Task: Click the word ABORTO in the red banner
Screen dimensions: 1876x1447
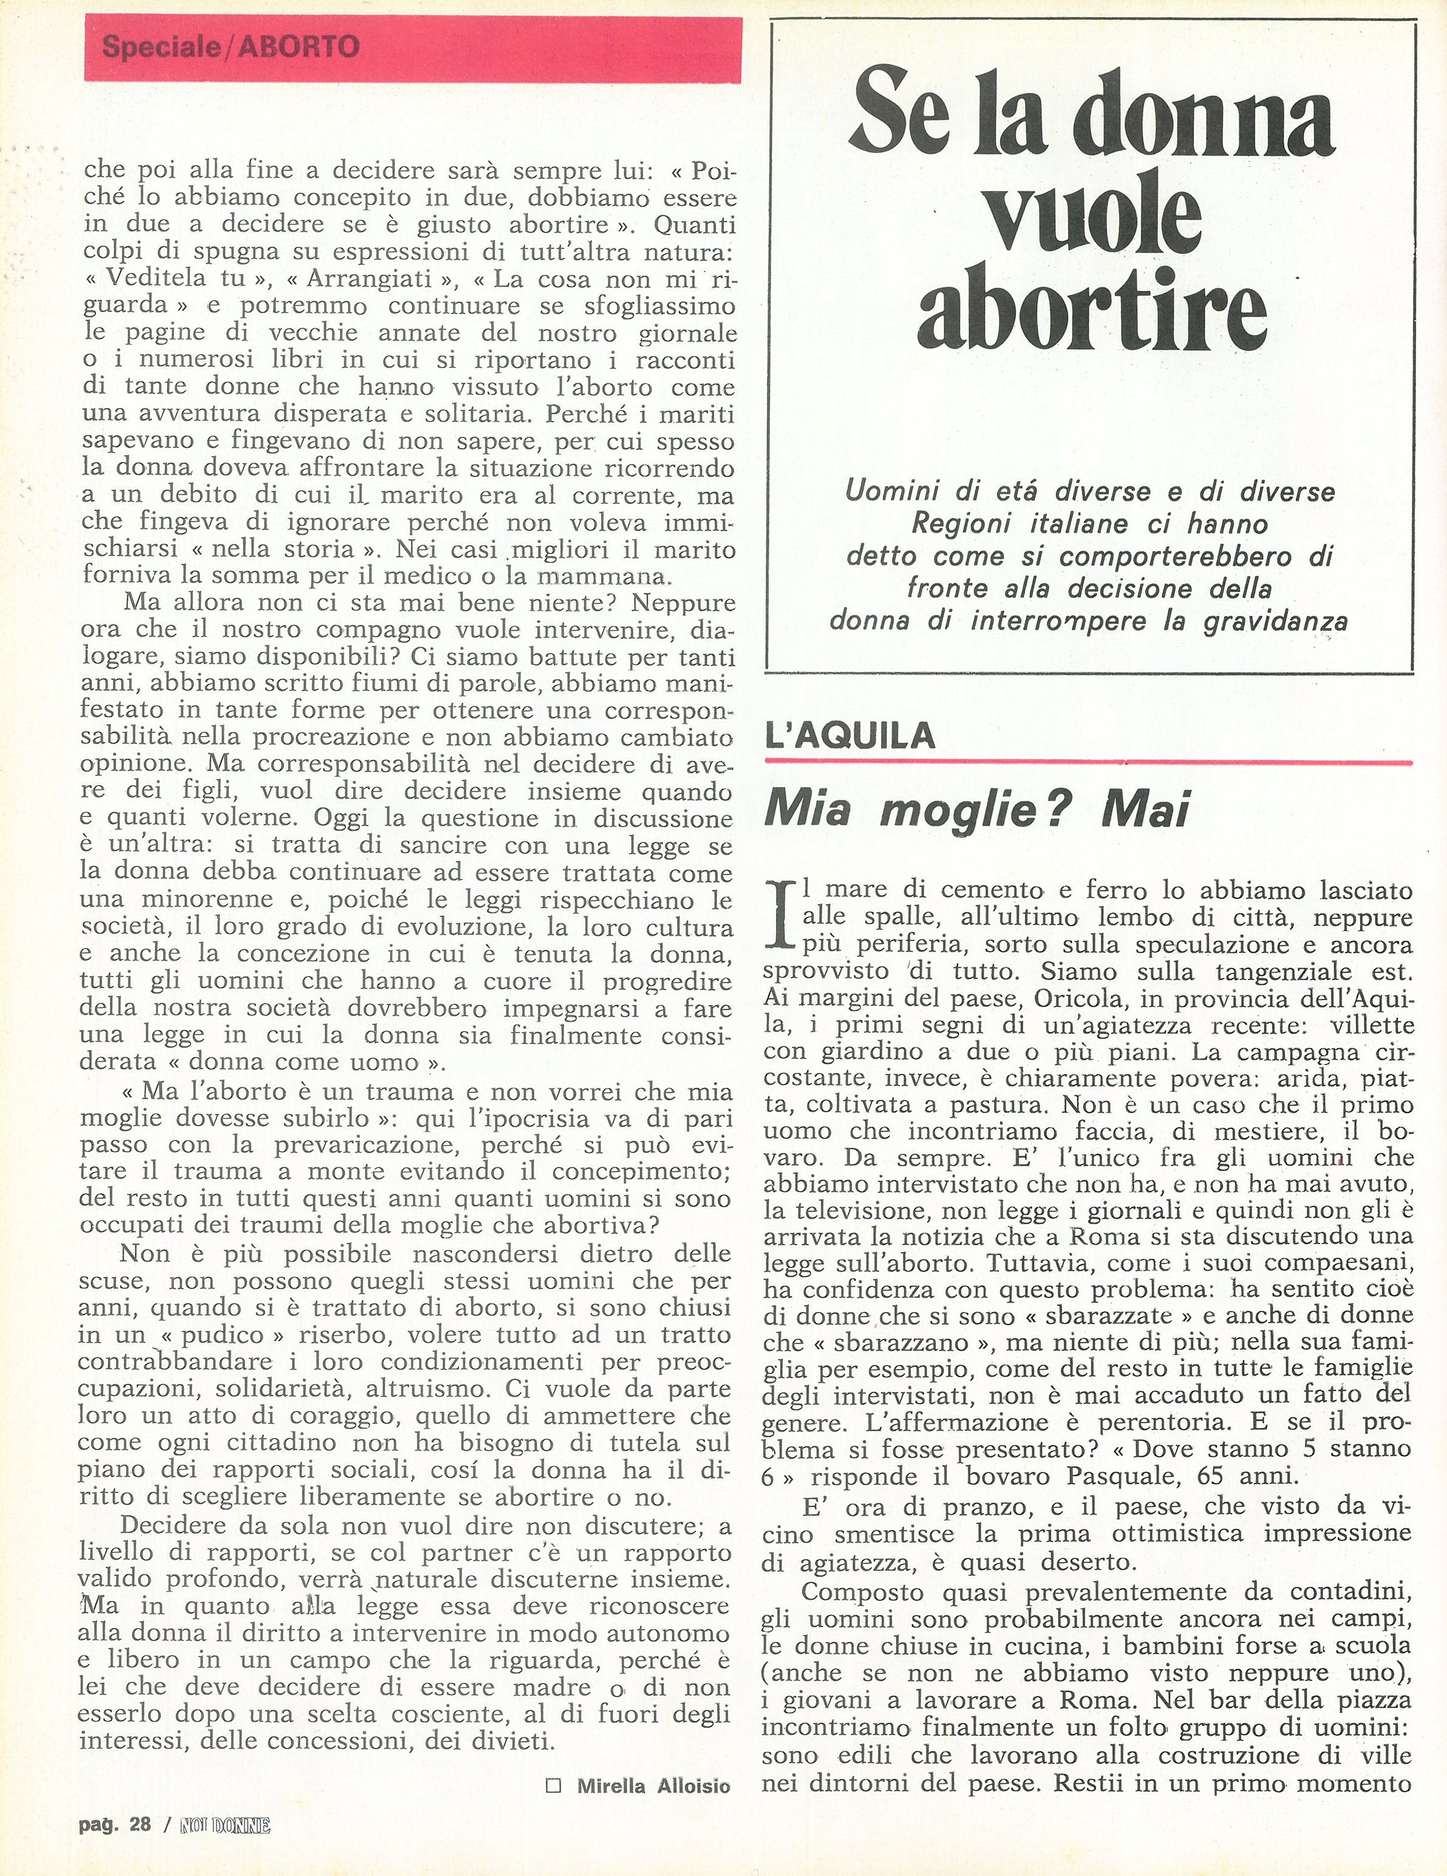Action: [299, 46]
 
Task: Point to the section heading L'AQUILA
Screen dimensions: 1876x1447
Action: [849, 736]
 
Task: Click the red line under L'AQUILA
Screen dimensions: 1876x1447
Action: [1088, 762]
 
